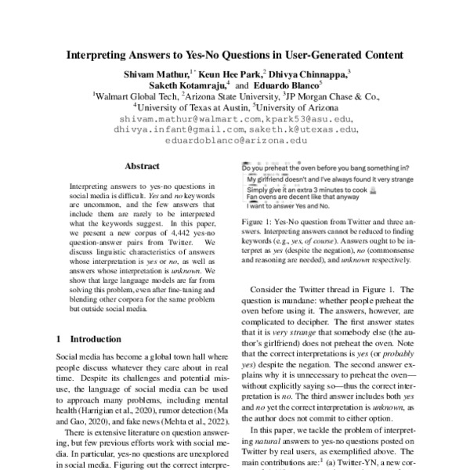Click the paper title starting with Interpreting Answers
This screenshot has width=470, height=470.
point(234,56)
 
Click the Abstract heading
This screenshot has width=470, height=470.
point(142,166)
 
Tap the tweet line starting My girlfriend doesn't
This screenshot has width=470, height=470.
point(329,179)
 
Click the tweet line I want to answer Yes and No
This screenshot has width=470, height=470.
point(289,206)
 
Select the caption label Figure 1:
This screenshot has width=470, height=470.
point(261,223)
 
